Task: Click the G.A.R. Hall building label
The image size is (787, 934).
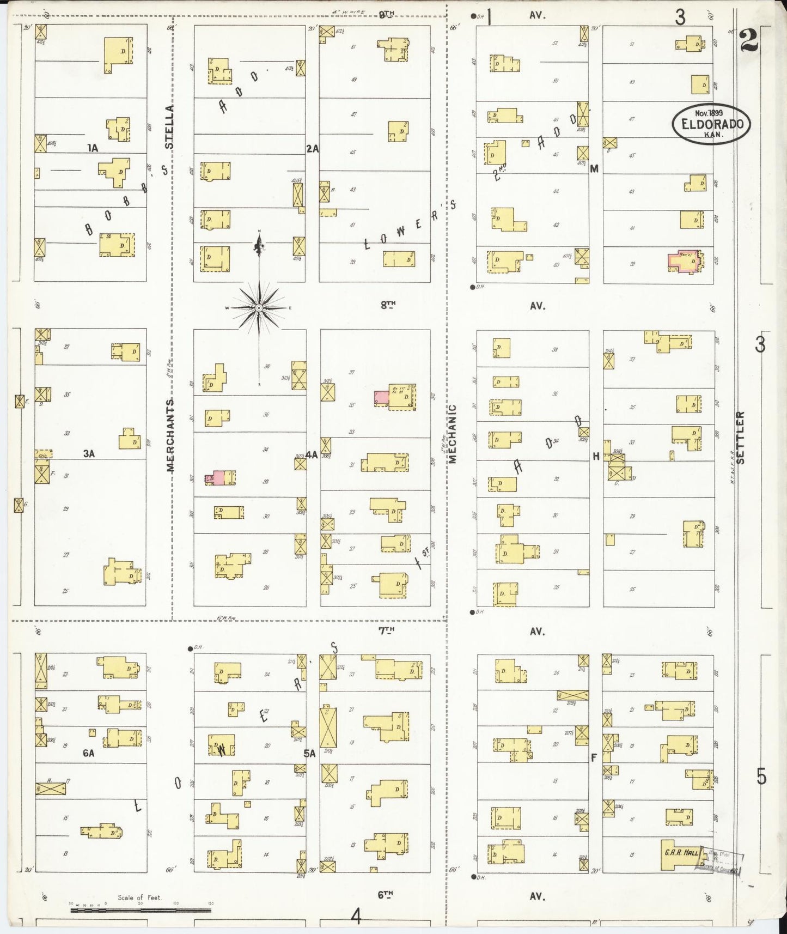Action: click(681, 853)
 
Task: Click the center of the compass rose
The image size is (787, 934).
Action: click(259, 308)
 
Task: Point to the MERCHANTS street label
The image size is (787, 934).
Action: click(170, 435)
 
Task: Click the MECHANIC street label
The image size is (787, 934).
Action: click(452, 434)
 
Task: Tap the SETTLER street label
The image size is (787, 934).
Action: click(741, 438)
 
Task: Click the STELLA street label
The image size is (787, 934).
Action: click(169, 127)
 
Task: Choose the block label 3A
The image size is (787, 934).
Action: click(89, 453)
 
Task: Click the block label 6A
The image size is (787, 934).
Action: click(88, 753)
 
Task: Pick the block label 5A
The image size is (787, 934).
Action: click(310, 754)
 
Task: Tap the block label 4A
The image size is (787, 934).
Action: click(312, 454)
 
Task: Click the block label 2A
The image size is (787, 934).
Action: click(312, 148)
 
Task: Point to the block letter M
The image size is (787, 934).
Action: click(594, 169)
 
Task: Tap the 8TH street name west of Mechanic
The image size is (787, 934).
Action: click(388, 305)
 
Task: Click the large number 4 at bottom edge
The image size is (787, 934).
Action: click(356, 917)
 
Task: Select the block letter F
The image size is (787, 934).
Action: click(594, 757)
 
